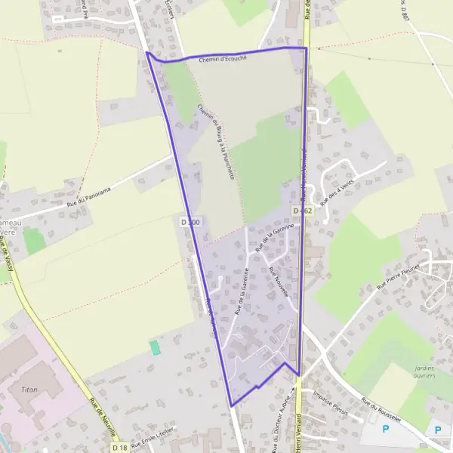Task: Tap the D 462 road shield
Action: (302, 211)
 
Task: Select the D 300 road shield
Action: (191, 222)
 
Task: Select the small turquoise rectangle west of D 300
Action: (155, 347)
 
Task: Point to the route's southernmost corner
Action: (231, 405)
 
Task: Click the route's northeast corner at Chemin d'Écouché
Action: (306, 48)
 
